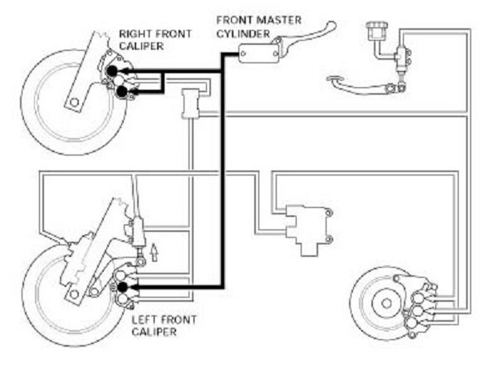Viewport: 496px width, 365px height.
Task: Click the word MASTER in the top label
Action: [x=278, y=20]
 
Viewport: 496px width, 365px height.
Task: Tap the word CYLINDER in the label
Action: [x=243, y=33]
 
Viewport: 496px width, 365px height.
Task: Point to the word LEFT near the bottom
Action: [x=145, y=320]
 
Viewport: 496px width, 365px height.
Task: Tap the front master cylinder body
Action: [x=258, y=53]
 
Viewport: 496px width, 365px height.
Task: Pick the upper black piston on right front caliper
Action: [x=111, y=72]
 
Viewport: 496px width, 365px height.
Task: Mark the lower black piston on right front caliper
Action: [x=122, y=91]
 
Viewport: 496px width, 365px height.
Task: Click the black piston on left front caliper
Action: [x=122, y=287]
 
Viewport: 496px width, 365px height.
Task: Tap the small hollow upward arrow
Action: [x=154, y=252]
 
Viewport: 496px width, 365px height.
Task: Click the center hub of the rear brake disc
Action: [x=386, y=303]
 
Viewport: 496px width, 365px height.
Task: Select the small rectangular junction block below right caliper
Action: [x=190, y=104]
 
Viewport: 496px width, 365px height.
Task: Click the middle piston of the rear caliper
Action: [x=419, y=311]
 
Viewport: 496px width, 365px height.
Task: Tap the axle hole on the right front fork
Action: [x=75, y=102]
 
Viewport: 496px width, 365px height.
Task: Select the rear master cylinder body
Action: [x=402, y=57]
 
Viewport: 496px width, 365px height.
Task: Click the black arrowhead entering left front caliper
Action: [x=133, y=287]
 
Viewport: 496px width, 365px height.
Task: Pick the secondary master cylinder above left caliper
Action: [x=138, y=232]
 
